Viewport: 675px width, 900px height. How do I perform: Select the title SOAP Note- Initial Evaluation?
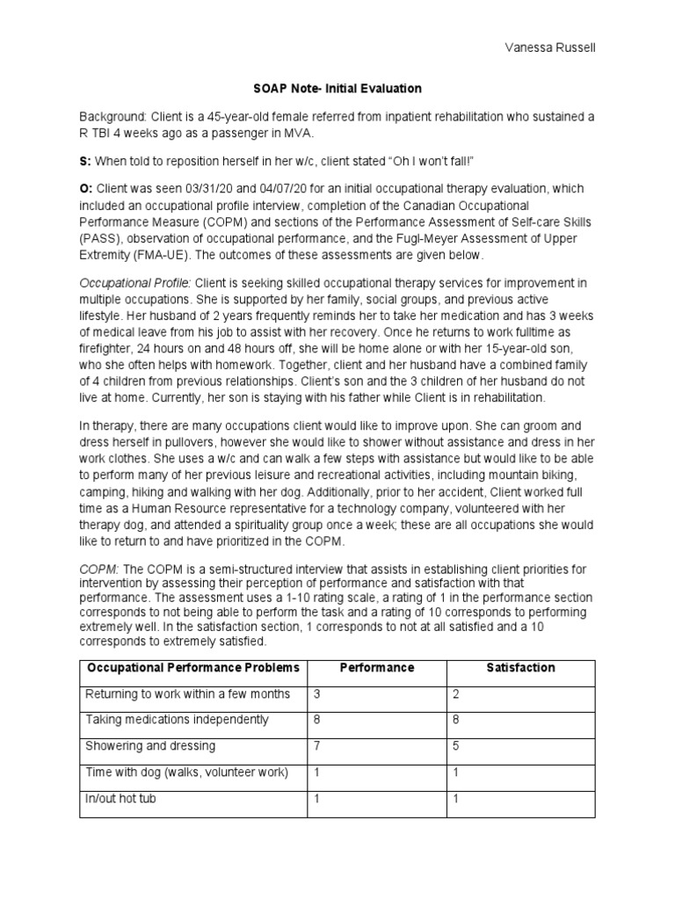(x=337, y=89)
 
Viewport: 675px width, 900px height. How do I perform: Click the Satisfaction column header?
(x=520, y=668)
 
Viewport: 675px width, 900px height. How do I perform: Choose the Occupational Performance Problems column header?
(x=192, y=668)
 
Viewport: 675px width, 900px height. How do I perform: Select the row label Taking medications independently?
(x=177, y=720)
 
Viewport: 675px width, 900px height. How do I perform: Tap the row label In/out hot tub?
(x=120, y=799)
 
